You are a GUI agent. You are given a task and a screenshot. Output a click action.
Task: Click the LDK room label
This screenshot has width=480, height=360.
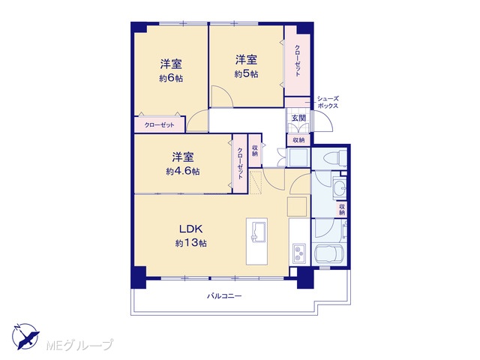(191, 229)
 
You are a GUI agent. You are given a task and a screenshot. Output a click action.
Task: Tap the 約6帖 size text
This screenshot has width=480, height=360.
(171, 78)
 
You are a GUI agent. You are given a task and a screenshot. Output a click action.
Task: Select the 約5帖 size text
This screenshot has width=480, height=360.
(246, 74)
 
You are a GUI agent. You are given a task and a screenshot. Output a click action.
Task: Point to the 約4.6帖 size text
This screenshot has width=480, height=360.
(183, 171)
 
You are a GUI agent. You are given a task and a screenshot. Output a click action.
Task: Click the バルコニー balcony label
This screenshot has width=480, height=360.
(225, 296)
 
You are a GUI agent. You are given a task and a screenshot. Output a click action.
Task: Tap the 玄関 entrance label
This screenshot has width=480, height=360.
(298, 118)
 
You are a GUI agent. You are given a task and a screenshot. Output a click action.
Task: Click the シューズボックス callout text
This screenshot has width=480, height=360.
(328, 102)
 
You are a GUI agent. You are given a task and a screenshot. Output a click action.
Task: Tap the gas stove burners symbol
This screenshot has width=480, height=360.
(299, 253)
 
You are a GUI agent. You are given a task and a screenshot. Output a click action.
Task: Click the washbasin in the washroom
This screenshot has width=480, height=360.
(339, 187)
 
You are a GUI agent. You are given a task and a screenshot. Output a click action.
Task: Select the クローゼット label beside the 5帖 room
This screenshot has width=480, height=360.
(297, 60)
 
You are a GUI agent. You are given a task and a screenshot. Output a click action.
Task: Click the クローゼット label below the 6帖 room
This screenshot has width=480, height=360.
(159, 125)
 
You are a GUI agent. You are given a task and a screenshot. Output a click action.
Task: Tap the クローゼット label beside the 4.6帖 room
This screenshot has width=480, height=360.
(240, 163)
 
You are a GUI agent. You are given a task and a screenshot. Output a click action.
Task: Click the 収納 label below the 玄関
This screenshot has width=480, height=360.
(298, 140)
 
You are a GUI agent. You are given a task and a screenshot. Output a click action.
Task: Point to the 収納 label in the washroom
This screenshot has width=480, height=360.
(342, 209)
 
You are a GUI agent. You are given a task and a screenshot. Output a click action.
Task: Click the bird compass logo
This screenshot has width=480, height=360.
(25, 336)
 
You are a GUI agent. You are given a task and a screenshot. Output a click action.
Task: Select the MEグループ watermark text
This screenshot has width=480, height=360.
(79, 345)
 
